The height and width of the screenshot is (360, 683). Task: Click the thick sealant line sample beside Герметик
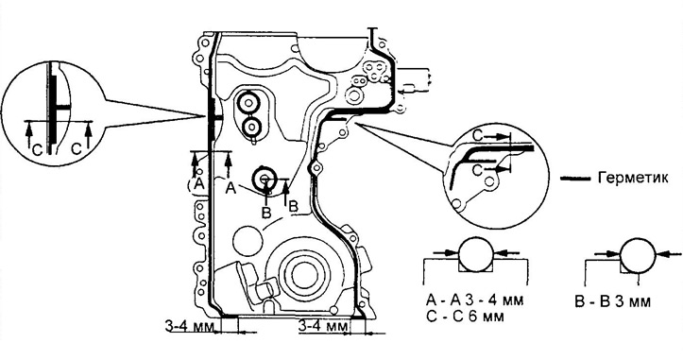tap(576, 179)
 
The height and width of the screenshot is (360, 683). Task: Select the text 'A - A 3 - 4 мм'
tap(475, 300)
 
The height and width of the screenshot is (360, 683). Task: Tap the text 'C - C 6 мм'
tap(465, 316)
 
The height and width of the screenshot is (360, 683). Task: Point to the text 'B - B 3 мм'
tap(612, 302)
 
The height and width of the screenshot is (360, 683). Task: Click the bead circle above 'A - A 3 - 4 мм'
tap(476, 253)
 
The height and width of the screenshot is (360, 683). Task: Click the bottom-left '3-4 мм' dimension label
tap(189, 326)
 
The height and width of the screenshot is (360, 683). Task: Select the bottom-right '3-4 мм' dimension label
tap(323, 326)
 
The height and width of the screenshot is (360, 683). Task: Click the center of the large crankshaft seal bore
tap(300, 275)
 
